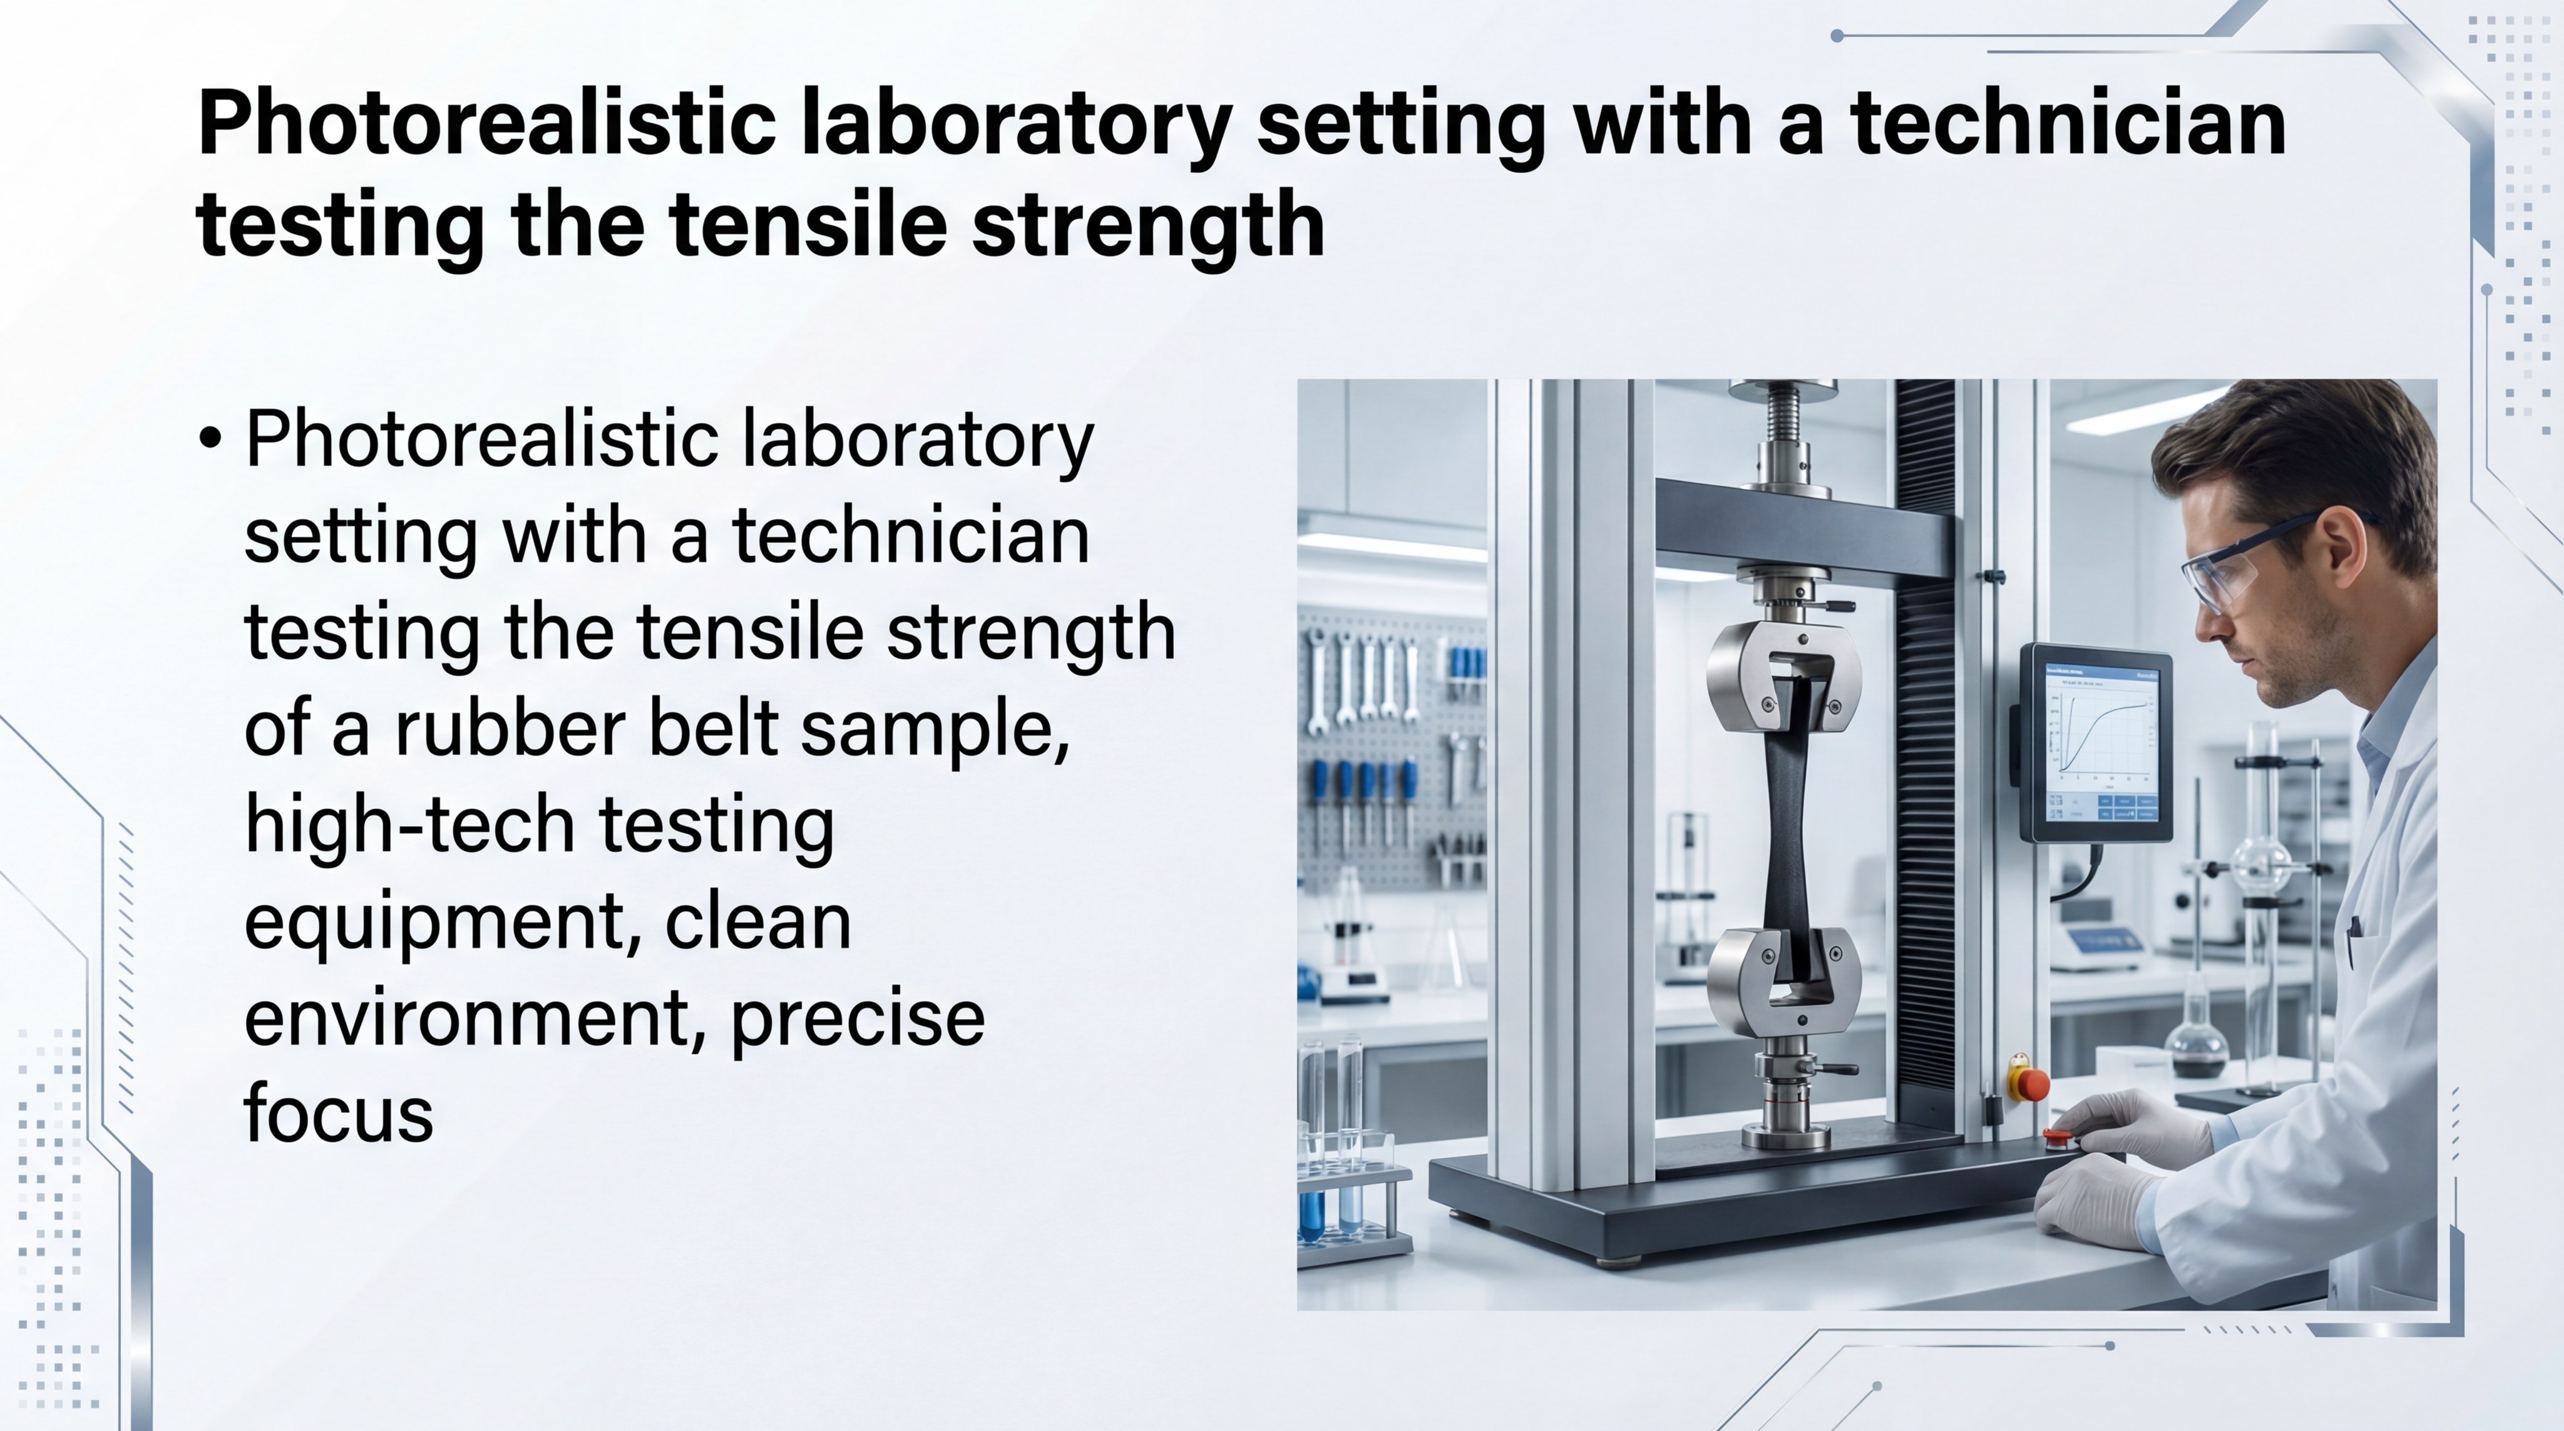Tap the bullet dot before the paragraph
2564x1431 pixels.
210,439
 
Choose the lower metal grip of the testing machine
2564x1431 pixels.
1783,979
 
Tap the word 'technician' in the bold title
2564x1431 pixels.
2068,125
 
